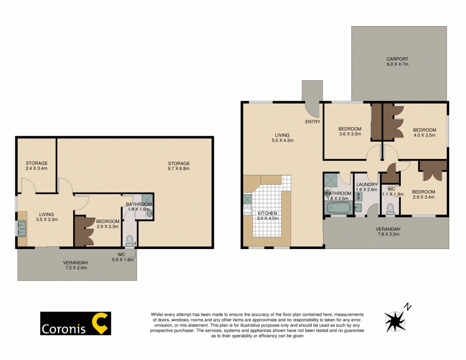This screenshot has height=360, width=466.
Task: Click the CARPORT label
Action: click(397, 59)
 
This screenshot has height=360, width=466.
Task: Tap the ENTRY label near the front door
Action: click(313, 122)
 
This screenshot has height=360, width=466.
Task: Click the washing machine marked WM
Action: click(359, 196)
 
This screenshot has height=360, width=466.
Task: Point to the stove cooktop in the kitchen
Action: click(247, 210)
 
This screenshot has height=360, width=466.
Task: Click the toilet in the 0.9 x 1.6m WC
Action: click(130, 240)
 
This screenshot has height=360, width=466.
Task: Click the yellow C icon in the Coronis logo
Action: click(99, 324)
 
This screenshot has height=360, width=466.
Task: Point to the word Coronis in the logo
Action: click(64, 329)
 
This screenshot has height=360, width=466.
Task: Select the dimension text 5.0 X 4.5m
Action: click(283, 141)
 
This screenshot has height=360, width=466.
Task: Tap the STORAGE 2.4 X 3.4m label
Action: click(37, 166)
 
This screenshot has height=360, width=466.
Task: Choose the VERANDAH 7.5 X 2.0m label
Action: click(75, 266)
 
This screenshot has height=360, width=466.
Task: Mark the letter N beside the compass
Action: click(408, 307)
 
